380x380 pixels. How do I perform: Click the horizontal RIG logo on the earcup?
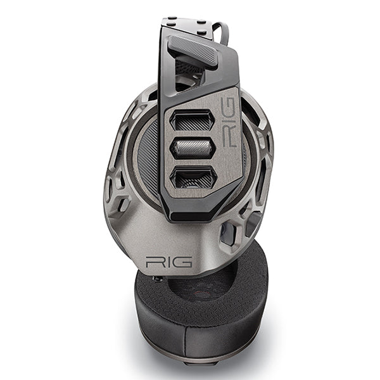168,262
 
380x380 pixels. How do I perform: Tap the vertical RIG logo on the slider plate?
228,122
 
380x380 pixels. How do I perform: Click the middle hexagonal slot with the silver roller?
192,148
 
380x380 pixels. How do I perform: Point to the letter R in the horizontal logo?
153,262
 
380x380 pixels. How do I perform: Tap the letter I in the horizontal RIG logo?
165,262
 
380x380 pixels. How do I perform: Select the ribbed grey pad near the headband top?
193,50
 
